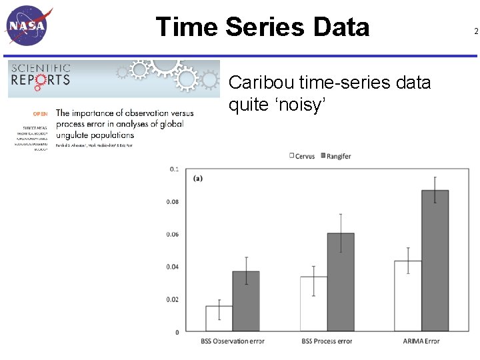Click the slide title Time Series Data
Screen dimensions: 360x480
[x=262, y=27]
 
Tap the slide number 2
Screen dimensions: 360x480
[x=475, y=31]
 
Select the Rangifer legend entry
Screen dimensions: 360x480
[x=336, y=156]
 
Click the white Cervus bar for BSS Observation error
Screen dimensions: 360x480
[x=219, y=319]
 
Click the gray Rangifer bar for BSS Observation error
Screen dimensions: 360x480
[x=246, y=301]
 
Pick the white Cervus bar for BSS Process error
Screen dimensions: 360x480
[x=313, y=304]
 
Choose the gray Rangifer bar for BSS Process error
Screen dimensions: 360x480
[x=341, y=282]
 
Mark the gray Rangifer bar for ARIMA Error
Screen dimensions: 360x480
[x=435, y=261]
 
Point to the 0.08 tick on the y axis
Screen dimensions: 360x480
[x=172, y=202]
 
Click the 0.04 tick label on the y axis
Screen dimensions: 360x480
[x=172, y=267]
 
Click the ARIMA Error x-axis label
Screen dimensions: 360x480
[x=421, y=341]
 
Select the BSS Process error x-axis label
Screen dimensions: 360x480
[x=327, y=341]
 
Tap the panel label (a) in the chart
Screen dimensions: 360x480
[x=199, y=178]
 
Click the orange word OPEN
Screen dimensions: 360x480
[x=40, y=114]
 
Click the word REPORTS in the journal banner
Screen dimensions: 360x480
[x=39, y=79]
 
